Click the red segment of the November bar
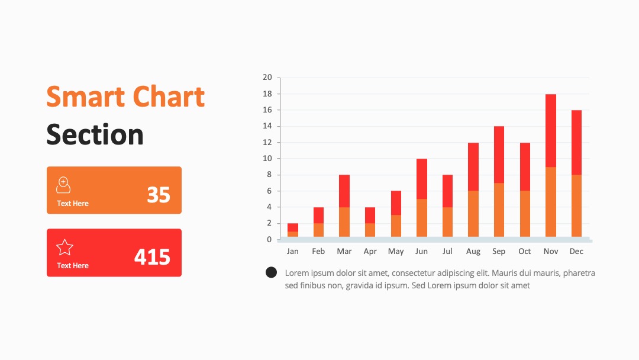(x=551, y=130)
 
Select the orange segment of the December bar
(x=576, y=206)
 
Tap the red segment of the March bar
(x=344, y=191)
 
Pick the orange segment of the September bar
(x=499, y=210)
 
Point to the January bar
(x=293, y=230)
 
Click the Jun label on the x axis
(x=421, y=251)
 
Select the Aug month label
(x=473, y=252)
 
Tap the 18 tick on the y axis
(x=267, y=94)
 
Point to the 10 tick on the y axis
(x=267, y=159)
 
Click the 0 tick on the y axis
(x=269, y=239)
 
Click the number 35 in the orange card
(x=159, y=195)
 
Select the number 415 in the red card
(x=152, y=257)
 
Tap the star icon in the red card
(x=64, y=247)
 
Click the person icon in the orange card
(x=63, y=185)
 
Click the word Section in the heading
(x=95, y=134)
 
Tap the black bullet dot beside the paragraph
(x=271, y=272)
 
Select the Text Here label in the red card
(x=73, y=265)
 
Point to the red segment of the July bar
(x=447, y=191)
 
